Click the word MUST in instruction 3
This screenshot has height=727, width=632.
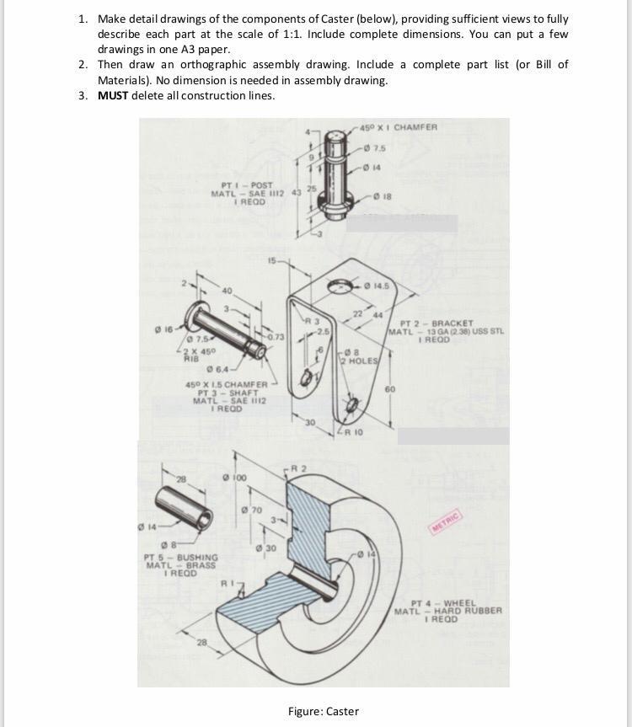tap(113, 95)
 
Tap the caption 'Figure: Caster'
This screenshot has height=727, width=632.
tap(323, 711)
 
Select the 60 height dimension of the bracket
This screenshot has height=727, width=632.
tap(390, 389)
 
